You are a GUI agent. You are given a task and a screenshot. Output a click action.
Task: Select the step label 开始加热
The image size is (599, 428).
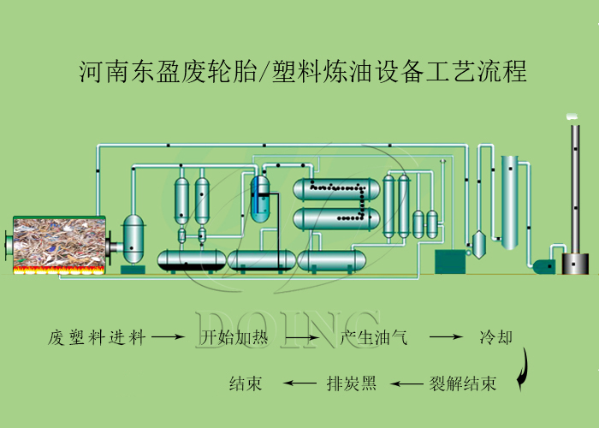click(x=234, y=337)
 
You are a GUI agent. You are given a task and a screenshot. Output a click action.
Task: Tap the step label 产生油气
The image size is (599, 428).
click(x=374, y=337)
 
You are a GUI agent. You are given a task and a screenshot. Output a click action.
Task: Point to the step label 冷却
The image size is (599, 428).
click(x=495, y=337)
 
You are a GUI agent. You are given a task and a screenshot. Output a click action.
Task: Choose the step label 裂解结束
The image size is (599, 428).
click(x=462, y=383)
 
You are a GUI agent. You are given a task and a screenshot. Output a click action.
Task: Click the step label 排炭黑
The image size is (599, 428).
click(x=351, y=383)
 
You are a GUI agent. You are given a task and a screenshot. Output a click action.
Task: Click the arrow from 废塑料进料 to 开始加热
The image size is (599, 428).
click(x=169, y=338)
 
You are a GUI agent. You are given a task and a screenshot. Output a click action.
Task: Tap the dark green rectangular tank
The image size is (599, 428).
click(x=449, y=261)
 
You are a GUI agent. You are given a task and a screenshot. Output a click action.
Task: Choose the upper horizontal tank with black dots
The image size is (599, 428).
click(x=335, y=190)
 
